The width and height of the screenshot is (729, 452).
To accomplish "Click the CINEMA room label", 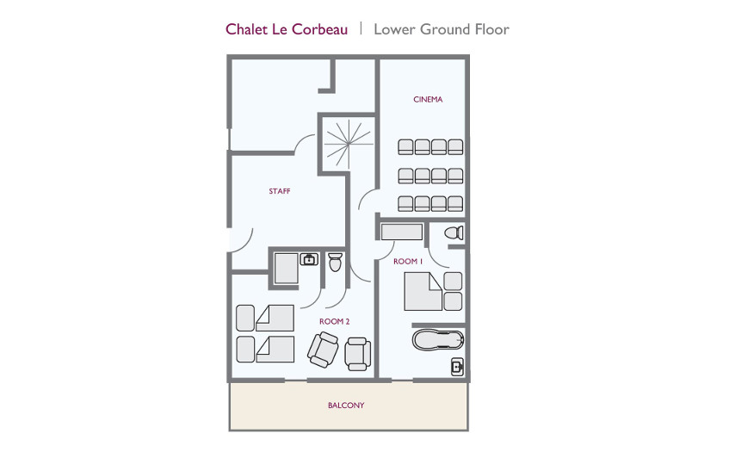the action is tap(428, 99).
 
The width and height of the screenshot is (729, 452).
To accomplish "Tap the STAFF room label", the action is tap(280, 191).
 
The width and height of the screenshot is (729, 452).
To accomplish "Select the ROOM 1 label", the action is tap(408, 262).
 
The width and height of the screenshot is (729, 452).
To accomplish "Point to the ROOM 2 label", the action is tap(334, 321).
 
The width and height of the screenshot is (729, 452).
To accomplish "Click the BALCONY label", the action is tap(346, 406).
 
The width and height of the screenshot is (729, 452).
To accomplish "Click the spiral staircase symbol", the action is tap(349, 144).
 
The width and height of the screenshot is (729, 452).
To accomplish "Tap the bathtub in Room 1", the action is tap(438, 339).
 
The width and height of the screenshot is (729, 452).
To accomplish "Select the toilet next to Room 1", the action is tap(454, 232).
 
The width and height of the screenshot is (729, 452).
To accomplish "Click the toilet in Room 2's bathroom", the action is tap(335, 263).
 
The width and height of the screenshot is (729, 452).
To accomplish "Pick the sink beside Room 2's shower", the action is tap(309, 259).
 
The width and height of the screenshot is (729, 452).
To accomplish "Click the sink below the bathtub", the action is tap(458, 368).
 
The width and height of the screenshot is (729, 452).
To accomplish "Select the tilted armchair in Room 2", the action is tap(323, 350).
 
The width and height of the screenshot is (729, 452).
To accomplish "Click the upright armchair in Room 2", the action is tap(357, 354).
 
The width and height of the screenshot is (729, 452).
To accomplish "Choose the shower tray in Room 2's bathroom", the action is tap(286, 269).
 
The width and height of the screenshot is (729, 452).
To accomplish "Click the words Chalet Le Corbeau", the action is tap(287, 29).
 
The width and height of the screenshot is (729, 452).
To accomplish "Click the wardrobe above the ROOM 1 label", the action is tap(402, 232).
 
